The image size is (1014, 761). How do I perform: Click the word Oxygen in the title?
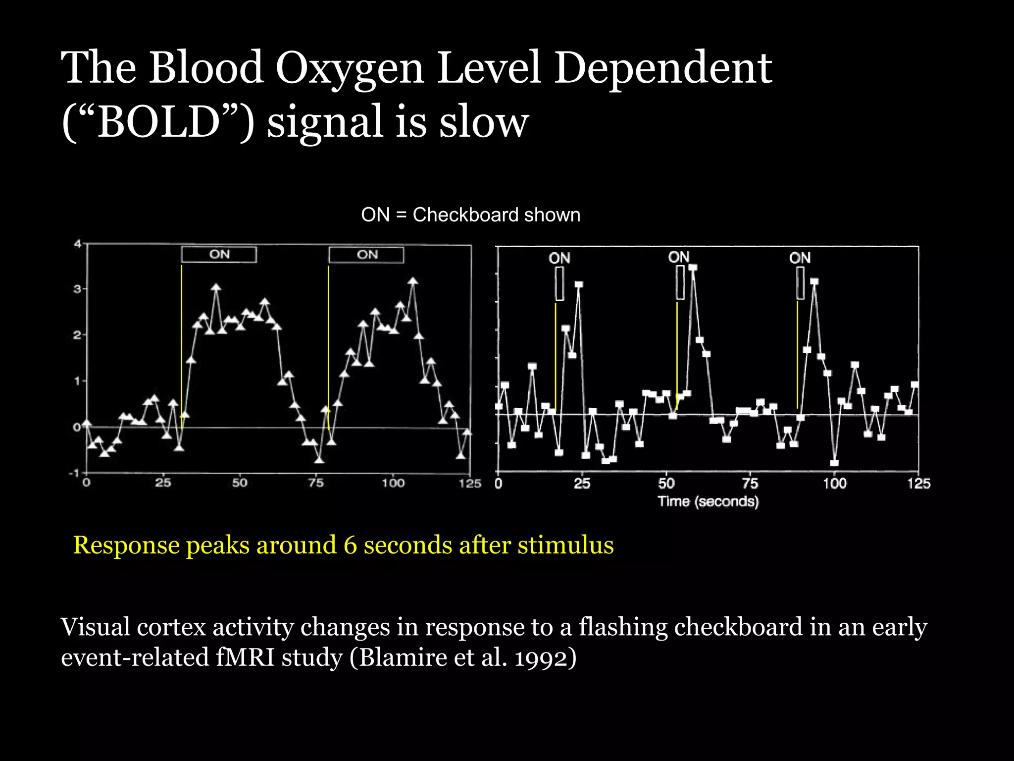coord(349,69)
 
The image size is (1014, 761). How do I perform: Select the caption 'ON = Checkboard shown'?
coord(470,215)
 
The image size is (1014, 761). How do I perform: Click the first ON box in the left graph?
coord(219,255)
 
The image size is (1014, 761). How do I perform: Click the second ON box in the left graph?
coord(366,255)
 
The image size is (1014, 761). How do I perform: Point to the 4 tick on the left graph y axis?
coord(77,244)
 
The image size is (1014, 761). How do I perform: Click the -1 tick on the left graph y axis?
coord(74,473)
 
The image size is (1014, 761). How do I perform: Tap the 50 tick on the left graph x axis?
coord(240,483)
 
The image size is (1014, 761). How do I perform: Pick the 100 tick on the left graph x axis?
coord(393,483)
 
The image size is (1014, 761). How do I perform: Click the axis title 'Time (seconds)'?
coord(708,501)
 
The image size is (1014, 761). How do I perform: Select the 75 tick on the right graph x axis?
coord(750,484)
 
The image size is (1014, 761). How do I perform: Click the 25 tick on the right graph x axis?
coord(582,484)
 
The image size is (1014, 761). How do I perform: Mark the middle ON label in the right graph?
coord(679,257)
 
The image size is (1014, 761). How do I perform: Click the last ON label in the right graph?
coord(800,258)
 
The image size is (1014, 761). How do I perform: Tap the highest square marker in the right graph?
coord(693,268)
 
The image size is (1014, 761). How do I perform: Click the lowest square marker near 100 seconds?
coord(834,463)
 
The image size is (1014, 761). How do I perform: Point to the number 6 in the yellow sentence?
coord(350,545)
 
